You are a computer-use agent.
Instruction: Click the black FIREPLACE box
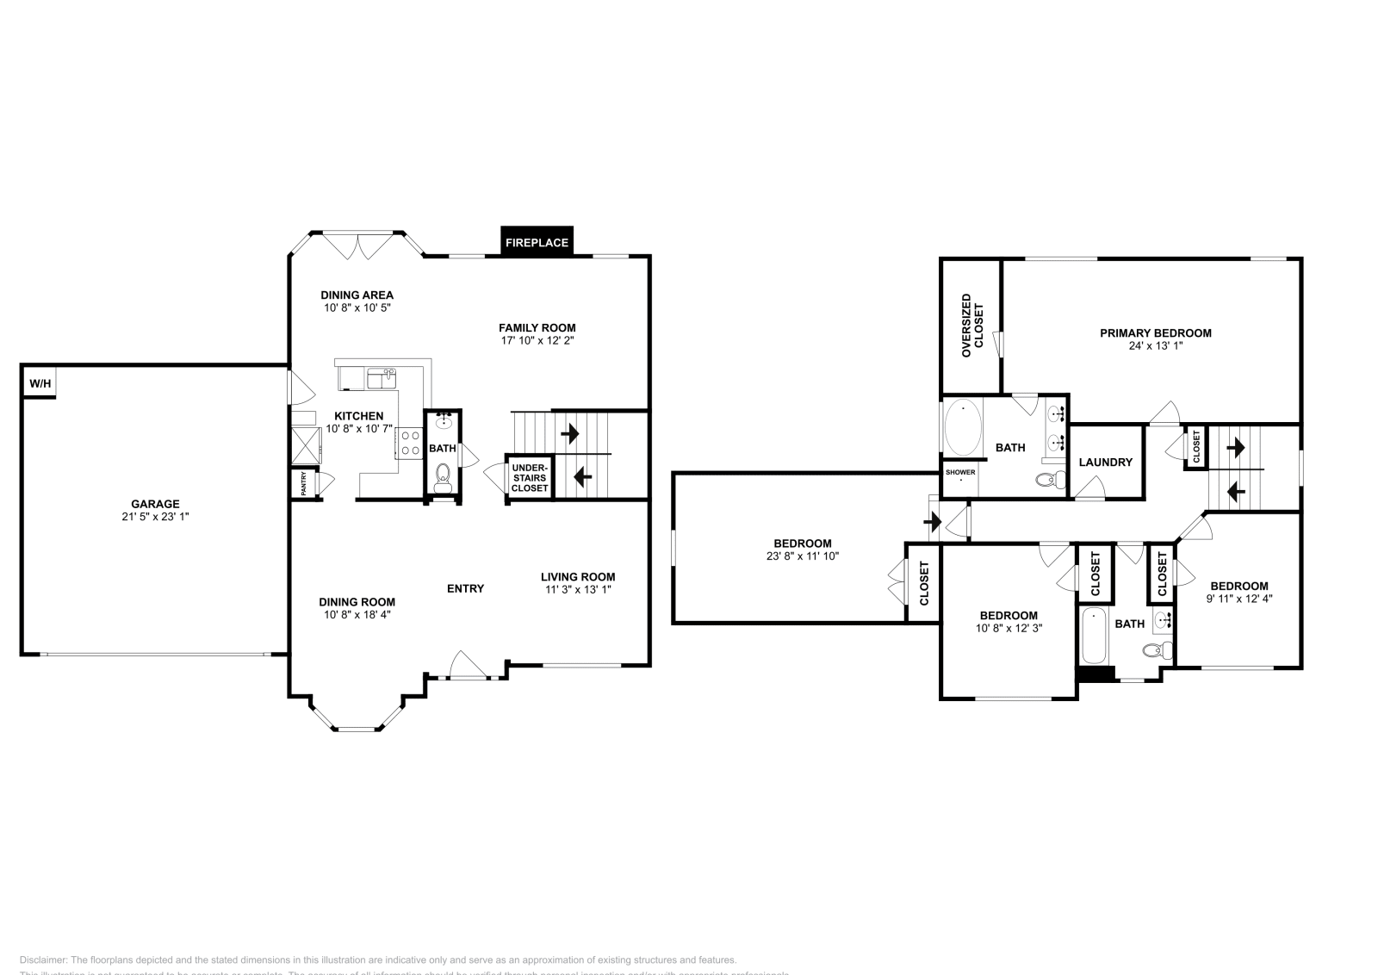pyautogui.click(x=537, y=242)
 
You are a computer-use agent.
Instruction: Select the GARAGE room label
pyautogui.click(x=155, y=504)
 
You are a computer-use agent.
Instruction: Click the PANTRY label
pyautogui.click(x=304, y=484)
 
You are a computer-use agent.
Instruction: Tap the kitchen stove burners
pyautogui.click(x=409, y=443)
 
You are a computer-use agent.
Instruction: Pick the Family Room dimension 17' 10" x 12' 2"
pyautogui.click(x=537, y=340)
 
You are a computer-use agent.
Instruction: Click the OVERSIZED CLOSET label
pyautogui.click(x=971, y=326)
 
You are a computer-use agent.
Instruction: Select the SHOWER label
pyautogui.click(x=960, y=472)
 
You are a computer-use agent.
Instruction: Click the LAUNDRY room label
pyautogui.click(x=1105, y=463)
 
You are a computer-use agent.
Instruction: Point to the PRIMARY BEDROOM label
pyautogui.click(x=1155, y=332)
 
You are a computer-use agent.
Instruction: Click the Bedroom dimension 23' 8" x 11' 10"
pyautogui.click(x=802, y=556)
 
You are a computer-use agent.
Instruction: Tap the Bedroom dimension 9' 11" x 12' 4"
pyautogui.click(x=1238, y=599)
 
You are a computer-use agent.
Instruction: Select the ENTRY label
pyautogui.click(x=465, y=588)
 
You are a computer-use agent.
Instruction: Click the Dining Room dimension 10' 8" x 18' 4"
pyautogui.click(x=357, y=615)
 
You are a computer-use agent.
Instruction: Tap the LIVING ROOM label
pyautogui.click(x=577, y=577)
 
